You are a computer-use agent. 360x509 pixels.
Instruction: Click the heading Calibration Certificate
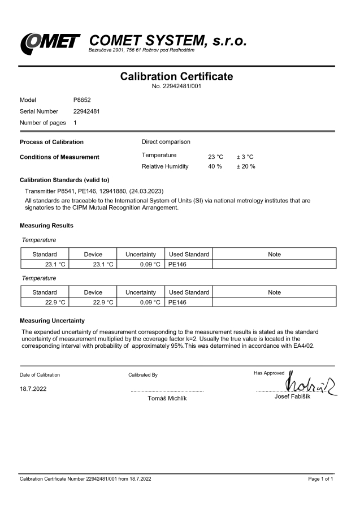coord(177,77)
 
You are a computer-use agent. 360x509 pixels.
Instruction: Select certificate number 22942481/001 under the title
coord(177,87)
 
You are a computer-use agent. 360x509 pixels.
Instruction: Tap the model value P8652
coord(83,100)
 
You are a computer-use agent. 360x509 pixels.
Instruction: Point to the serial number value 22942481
coord(87,111)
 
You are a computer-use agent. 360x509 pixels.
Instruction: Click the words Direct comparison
coord(166,141)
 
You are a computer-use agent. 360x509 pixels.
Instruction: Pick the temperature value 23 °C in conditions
coord(216,156)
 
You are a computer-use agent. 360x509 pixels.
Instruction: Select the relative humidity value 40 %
coord(215,166)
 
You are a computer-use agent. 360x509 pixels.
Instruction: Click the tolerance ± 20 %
coord(246,166)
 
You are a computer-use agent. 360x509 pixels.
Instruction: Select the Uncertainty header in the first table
coord(140,255)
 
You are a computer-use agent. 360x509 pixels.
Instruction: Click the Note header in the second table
coord(274,292)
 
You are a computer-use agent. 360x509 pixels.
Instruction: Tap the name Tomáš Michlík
coord(167,399)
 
